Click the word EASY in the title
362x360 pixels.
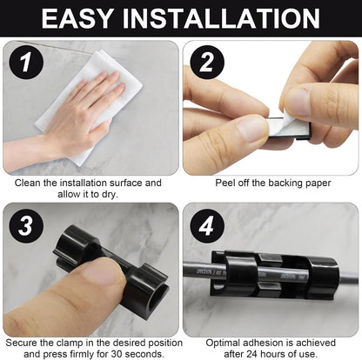click(x=77, y=18)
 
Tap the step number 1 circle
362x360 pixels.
click(x=26, y=63)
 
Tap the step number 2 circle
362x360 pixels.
click(x=207, y=63)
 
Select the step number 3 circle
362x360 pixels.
click(x=26, y=226)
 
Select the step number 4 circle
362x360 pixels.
click(x=207, y=226)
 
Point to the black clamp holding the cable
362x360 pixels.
click(x=274, y=275)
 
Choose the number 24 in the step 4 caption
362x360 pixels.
click(x=250, y=354)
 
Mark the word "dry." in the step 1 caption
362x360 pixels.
click(x=110, y=195)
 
